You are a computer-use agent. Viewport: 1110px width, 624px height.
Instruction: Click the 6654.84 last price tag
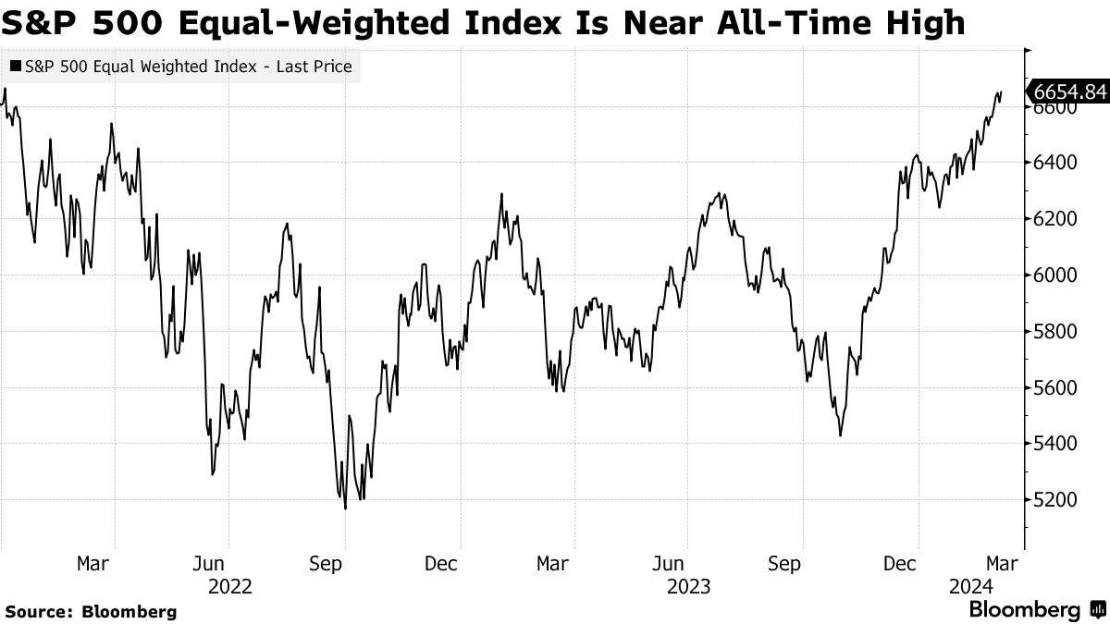[1068, 91]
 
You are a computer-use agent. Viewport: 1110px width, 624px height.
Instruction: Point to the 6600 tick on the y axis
[1055, 107]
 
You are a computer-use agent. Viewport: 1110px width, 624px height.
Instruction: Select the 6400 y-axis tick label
[1055, 163]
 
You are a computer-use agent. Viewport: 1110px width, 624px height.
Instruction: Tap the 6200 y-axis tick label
[1055, 219]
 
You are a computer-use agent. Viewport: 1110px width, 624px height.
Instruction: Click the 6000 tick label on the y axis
[1055, 275]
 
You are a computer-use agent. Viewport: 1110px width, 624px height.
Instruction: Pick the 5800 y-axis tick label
[1055, 331]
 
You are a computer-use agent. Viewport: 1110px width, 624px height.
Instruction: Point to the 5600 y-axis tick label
[1055, 387]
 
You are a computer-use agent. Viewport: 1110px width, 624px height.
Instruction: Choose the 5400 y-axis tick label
[1055, 444]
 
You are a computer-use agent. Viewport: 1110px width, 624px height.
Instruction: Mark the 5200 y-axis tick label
[1055, 499]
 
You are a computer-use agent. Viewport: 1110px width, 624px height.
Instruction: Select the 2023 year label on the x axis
[688, 586]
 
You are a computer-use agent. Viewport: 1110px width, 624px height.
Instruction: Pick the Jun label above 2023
[670, 564]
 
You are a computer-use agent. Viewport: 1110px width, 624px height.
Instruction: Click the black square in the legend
[15, 67]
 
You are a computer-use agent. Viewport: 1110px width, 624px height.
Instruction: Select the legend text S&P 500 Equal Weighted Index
[143, 67]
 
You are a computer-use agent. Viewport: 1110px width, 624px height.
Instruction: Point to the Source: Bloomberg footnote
[91, 611]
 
